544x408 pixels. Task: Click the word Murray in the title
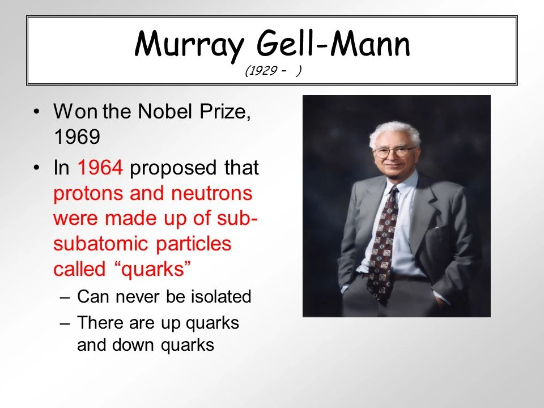(x=189, y=44)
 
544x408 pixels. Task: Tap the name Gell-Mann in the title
(x=333, y=43)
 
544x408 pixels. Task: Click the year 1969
(x=77, y=137)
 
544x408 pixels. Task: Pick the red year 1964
(x=100, y=167)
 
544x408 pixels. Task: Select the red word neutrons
(x=211, y=194)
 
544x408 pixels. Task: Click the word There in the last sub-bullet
(x=100, y=322)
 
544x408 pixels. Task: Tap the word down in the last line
(x=133, y=345)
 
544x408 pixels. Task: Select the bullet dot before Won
(x=37, y=112)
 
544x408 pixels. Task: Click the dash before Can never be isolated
(x=65, y=297)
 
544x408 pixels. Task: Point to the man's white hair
(x=394, y=133)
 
